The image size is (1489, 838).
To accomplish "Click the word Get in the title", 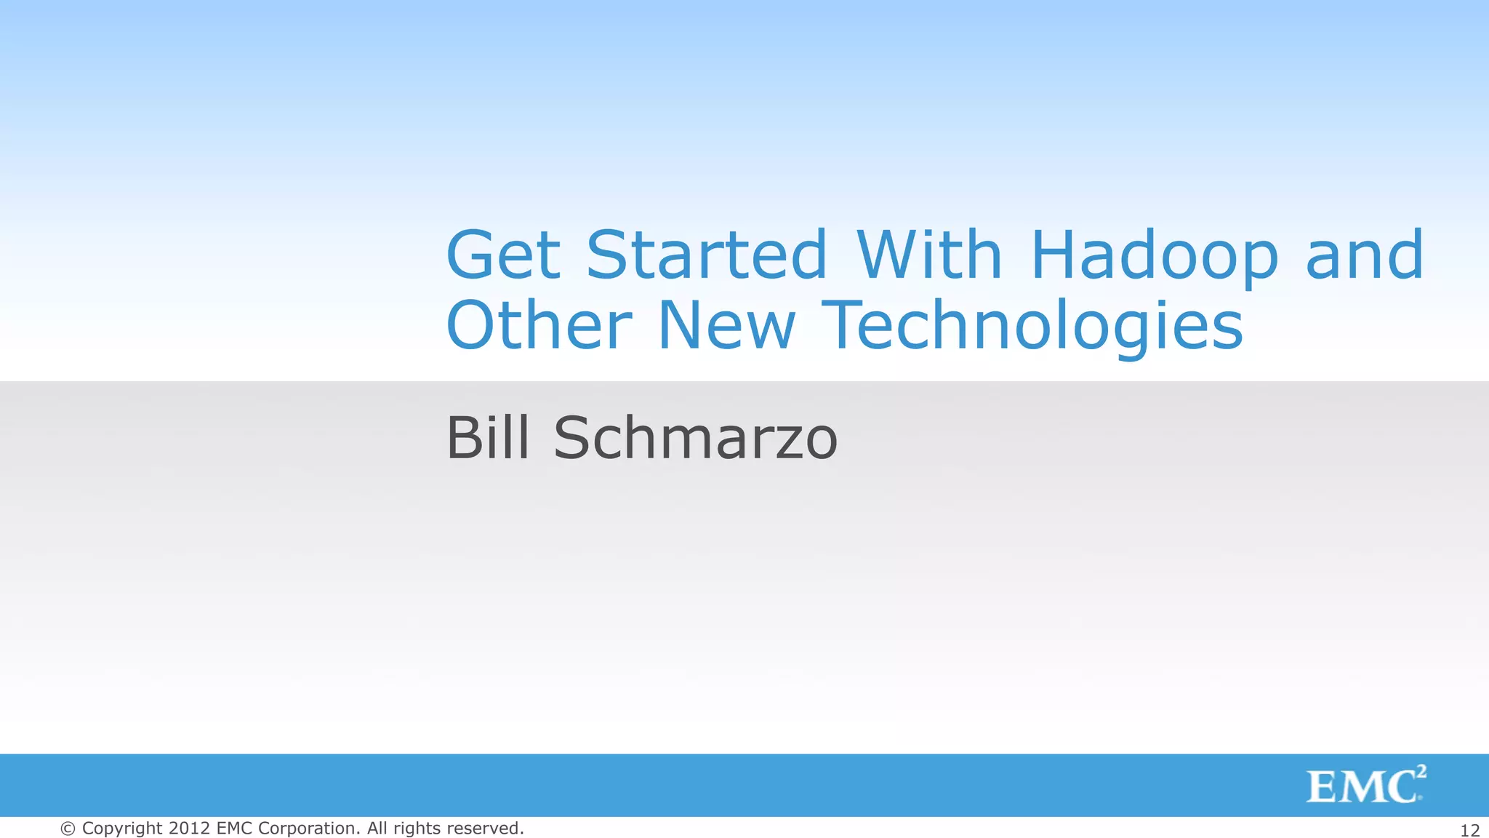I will pos(503,255).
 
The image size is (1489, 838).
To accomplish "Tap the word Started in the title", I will pos(707,255).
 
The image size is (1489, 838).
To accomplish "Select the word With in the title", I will pos(929,255).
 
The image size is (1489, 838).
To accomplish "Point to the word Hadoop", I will pos(1154,257).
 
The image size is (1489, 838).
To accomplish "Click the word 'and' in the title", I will pos(1365,255).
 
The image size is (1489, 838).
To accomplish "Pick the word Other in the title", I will pos(539,325).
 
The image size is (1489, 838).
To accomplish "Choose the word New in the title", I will pos(726,325).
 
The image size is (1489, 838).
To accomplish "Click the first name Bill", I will pos(487,438).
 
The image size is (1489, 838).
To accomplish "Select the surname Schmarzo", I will pos(696,438).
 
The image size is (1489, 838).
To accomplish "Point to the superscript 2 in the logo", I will pos(1421,772).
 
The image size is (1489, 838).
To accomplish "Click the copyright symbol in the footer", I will pos(68,829).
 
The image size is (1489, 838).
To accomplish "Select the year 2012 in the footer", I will pos(190,829).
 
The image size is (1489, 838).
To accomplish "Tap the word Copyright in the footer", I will pos(122,829).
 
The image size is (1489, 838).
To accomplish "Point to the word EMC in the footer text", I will pos(233,829).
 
